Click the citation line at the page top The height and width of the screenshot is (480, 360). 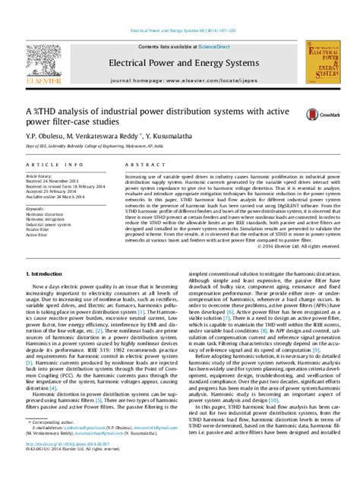tap(180, 32)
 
